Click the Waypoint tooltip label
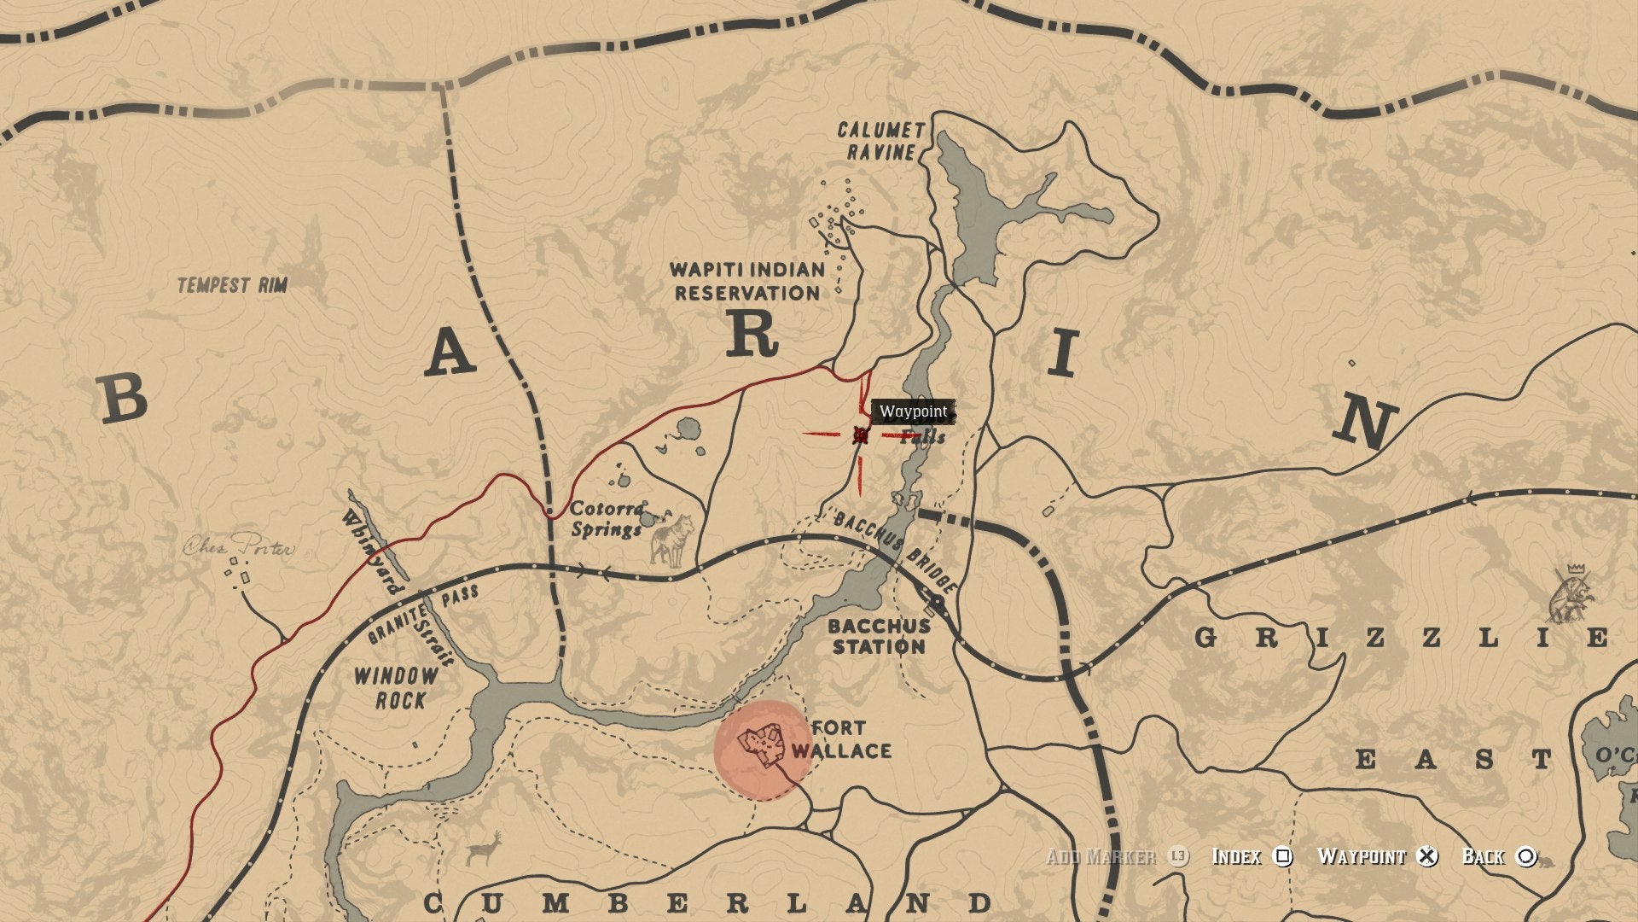pos(913,411)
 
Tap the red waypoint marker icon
pos(860,435)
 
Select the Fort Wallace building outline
pos(761,745)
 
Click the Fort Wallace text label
pos(841,739)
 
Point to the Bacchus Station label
pos(879,636)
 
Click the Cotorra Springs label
pos(607,519)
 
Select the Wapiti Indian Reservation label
pos(748,282)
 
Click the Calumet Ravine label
pos(880,141)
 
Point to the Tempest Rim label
pos(232,285)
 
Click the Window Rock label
pos(396,688)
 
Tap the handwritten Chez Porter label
pos(239,546)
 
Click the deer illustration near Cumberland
pos(484,849)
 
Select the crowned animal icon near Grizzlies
pos(1571,593)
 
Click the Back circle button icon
pos(1526,856)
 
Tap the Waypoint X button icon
pos(1427,856)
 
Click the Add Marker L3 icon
pos(1177,856)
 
